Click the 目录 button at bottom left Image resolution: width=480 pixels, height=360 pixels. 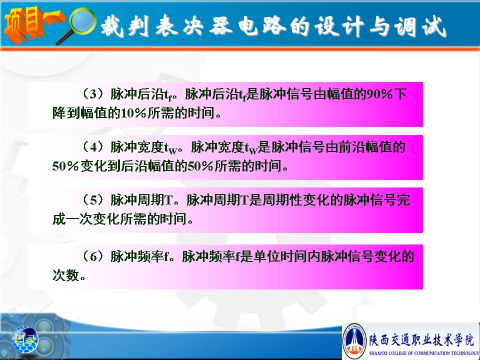click(25, 339)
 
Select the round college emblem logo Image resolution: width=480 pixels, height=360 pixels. click(354, 340)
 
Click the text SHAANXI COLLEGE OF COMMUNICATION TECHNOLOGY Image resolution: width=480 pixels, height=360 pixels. click(424, 353)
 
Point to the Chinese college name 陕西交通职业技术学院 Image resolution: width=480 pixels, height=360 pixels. click(421, 340)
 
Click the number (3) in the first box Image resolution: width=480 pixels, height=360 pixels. click(93, 93)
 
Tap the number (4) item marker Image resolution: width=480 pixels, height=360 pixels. click(93, 147)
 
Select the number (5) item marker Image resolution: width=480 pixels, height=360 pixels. click(93, 200)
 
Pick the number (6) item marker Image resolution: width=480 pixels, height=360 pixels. click(93, 256)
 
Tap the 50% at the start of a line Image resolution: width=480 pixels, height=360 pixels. click(65, 166)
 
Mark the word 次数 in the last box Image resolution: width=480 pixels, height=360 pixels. click(65, 275)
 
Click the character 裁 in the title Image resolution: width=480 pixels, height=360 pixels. click(112, 25)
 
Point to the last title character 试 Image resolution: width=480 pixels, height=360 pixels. click(434, 26)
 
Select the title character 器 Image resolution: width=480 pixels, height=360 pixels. click(221, 25)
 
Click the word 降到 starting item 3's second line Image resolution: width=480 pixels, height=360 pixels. click(65, 113)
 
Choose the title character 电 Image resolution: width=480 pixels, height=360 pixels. click(248, 25)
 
